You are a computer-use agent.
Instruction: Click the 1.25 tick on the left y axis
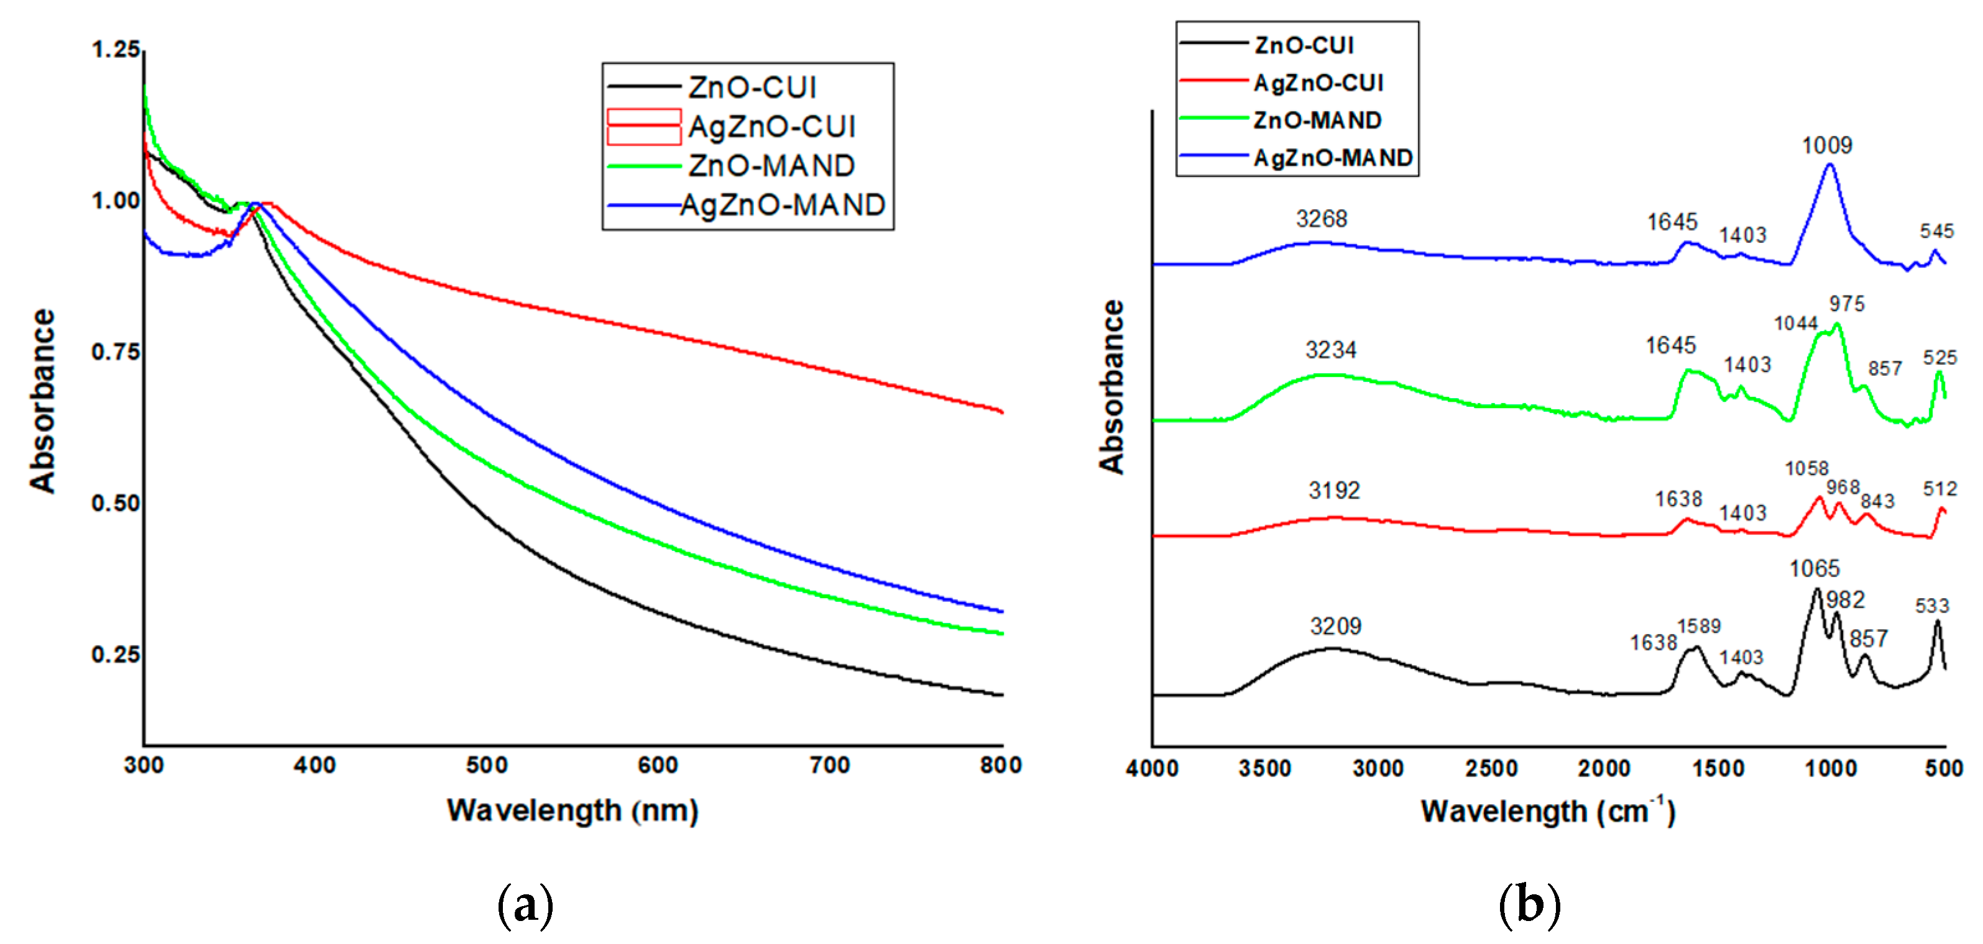[x=116, y=50]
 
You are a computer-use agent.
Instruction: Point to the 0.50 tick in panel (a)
[x=116, y=503]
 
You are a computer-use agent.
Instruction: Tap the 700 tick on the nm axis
[x=830, y=766]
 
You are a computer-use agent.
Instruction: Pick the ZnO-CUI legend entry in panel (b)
[x=1304, y=45]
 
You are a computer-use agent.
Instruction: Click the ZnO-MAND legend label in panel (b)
[x=1317, y=120]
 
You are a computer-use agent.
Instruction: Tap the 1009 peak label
[x=1827, y=145]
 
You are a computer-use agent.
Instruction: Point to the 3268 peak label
[x=1321, y=219]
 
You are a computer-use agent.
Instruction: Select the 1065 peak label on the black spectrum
[x=1815, y=568]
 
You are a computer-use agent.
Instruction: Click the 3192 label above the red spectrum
[x=1334, y=490]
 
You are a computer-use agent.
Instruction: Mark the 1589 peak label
[x=1699, y=626]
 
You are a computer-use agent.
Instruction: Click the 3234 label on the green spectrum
[x=1331, y=351]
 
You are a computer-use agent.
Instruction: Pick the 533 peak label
[x=1932, y=606]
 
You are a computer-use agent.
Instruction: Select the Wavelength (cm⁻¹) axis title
[x=1547, y=812]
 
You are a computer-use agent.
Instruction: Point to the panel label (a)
[x=526, y=904]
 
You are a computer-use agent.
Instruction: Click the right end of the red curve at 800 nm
[x=1001, y=412]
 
